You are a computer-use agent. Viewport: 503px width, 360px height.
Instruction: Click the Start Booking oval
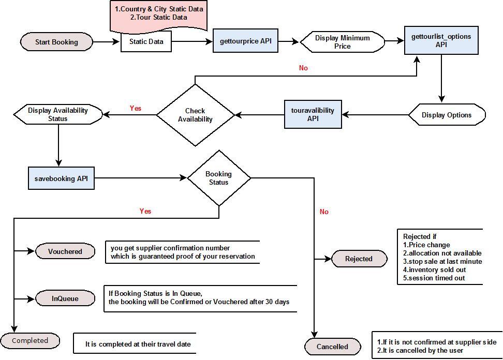tap(56, 42)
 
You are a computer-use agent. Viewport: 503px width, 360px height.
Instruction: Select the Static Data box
tap(146, 42)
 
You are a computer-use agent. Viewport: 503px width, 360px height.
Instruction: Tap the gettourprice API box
tap(245, 41)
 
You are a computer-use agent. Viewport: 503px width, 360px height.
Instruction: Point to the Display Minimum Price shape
tap(342, 42)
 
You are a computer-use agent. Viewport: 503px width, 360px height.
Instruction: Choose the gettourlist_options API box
tap(441, 40)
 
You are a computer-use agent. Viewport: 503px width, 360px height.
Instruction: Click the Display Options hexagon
tap(447, 115)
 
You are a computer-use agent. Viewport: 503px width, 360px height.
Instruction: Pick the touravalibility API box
tap(313, 114)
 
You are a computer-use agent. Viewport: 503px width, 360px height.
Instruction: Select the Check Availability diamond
tap(195, 115)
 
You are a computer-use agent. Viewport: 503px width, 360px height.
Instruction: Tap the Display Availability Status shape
tap(58, 114)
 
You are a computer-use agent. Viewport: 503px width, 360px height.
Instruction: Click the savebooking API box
tap(61, 178)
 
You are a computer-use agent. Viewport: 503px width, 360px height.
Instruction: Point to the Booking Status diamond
tap(219, 178)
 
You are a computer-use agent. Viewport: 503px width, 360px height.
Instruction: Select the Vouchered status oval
tap(65, 251)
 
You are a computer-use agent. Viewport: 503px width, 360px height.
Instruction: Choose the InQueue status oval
tap(65, 298)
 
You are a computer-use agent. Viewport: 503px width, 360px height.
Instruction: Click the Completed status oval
tap(30, 340)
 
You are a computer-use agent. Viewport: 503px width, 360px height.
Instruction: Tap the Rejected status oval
tap(359, 259)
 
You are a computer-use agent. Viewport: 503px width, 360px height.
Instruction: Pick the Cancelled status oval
tap(332, 347)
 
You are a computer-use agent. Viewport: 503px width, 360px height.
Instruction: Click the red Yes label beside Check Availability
tap(136, 108)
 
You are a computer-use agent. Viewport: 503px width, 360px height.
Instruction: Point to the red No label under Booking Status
tap(324, 212)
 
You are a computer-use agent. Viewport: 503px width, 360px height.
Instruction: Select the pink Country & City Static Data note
tap(159, 16)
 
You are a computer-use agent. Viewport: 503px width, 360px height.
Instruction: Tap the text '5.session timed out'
tap(434, 278)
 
